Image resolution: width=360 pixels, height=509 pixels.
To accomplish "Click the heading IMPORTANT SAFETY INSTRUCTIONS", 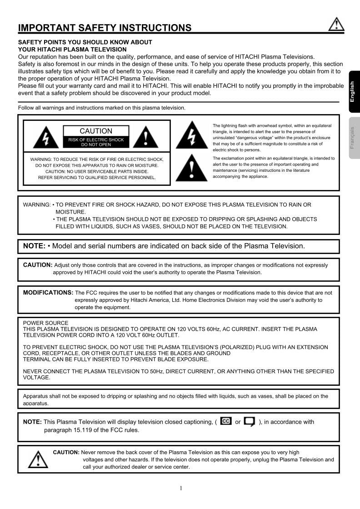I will pos(105,28).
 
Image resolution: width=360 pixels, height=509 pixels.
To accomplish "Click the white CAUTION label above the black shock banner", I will pos(96,131).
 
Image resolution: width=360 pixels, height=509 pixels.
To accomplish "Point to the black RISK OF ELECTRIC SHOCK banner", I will pos(96,142).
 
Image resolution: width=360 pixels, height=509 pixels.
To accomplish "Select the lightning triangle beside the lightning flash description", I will pos(192,135).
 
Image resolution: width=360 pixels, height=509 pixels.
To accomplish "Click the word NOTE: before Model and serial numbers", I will pos(34,246).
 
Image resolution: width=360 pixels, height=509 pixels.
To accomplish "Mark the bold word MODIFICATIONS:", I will pos(48,293).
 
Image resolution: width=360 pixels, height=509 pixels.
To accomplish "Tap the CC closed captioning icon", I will pos(225,421).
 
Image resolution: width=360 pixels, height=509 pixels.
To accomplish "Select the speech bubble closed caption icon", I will pos(249,422).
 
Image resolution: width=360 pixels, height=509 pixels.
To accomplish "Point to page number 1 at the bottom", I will pos(180,489).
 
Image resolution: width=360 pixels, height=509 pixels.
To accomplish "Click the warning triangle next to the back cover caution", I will pos(38,459).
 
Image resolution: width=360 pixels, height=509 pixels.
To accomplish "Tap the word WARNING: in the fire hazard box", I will pos(37,205).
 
